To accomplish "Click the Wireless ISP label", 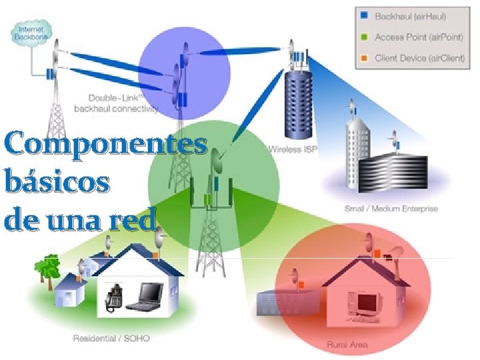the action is point(293,149).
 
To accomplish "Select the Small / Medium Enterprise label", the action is point(391,209).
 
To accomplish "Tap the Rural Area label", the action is point(347,345).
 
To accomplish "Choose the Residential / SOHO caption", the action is point(111,338).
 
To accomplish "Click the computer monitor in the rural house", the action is point(369,303).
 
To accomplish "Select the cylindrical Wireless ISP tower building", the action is point(297,103).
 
